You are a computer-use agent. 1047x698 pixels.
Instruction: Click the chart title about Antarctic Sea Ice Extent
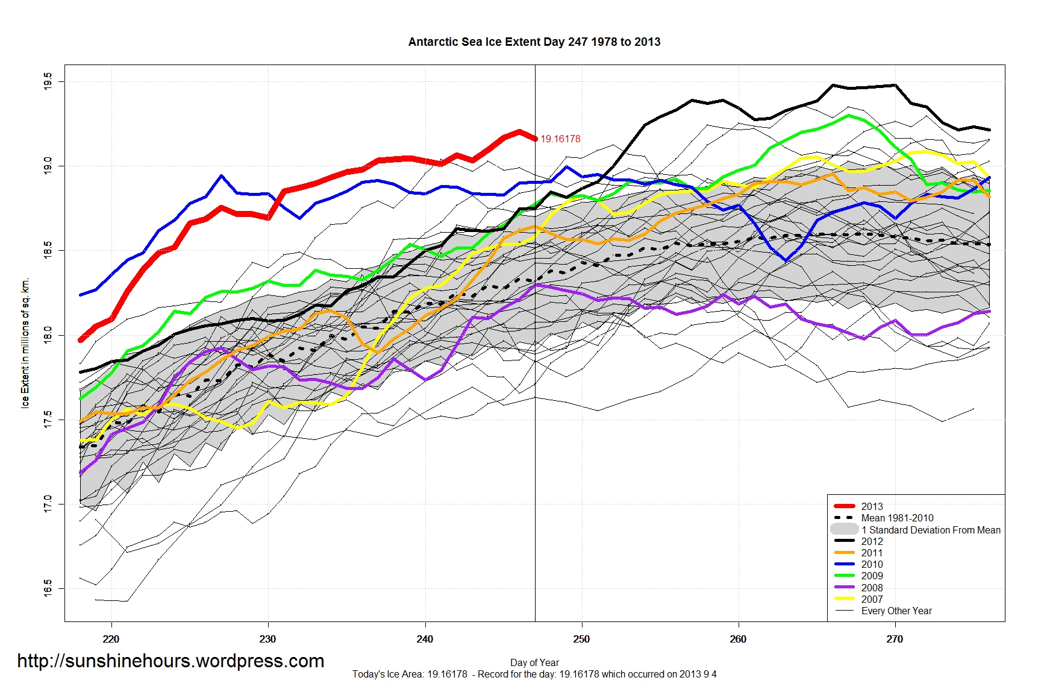(x=534, y=42)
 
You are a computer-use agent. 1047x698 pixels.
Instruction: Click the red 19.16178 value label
(x=560, y=139)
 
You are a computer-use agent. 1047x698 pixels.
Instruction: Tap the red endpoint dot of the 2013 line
(x=536, y=139)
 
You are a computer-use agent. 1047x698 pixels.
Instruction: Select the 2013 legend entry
(x=872, y=506)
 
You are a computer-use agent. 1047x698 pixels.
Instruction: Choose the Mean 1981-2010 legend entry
(x=897, y=518)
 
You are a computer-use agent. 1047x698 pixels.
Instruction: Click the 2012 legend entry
(x=872, y=541)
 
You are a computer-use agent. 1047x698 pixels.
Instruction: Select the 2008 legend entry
(x=872, y=588)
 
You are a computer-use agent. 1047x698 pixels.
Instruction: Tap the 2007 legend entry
(x=872, y=599)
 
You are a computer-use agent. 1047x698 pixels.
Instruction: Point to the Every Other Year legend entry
(x=896, y=611)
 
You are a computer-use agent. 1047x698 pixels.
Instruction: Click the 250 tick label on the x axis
(x=581, y=639)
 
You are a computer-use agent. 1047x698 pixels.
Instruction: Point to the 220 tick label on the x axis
(x=111, y=639)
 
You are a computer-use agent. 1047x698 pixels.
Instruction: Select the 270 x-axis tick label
(x=895, y=639)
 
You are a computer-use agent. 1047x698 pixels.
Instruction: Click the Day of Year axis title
(x=534, y=662)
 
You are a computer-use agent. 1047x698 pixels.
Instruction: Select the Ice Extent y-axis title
(x=25, y=343)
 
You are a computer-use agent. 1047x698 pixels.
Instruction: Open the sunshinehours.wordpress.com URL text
(x=170, y=661)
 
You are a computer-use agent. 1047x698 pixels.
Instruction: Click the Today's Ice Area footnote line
(x=534, y=674)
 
